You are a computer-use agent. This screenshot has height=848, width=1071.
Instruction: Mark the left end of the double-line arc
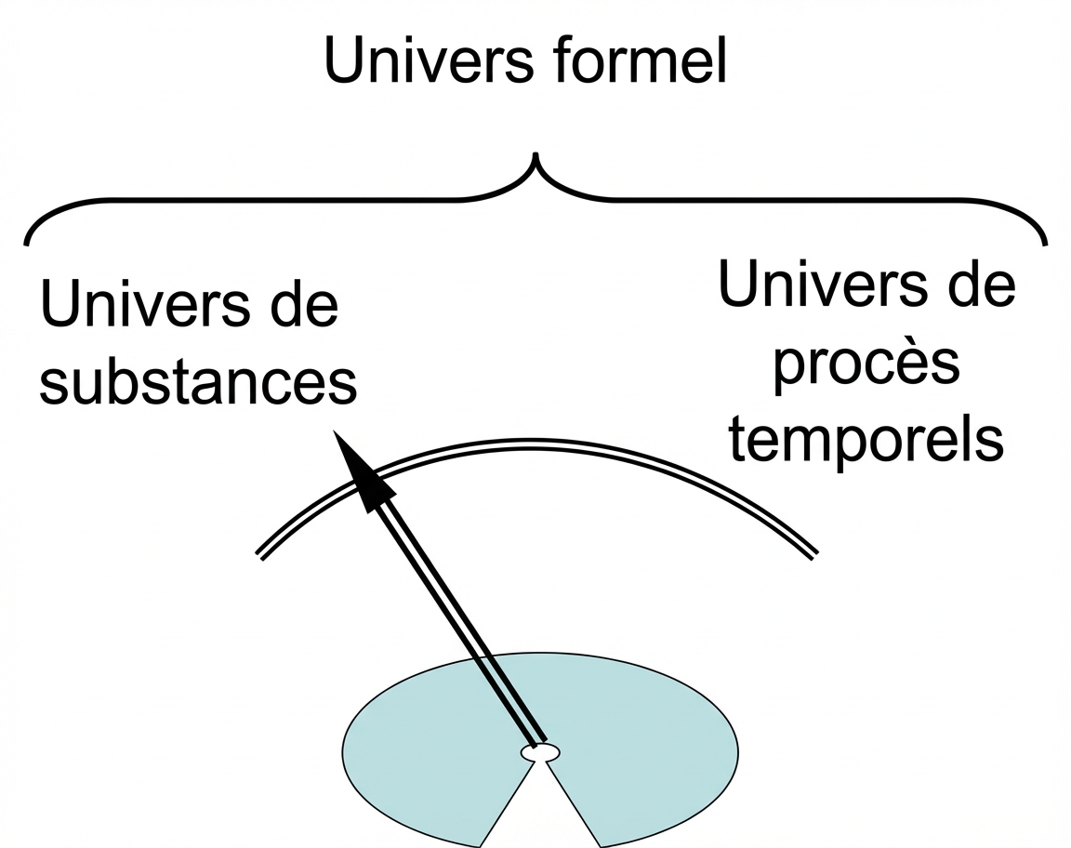point(260,555)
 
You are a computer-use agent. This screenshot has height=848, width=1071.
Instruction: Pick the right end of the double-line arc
point(814,555)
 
